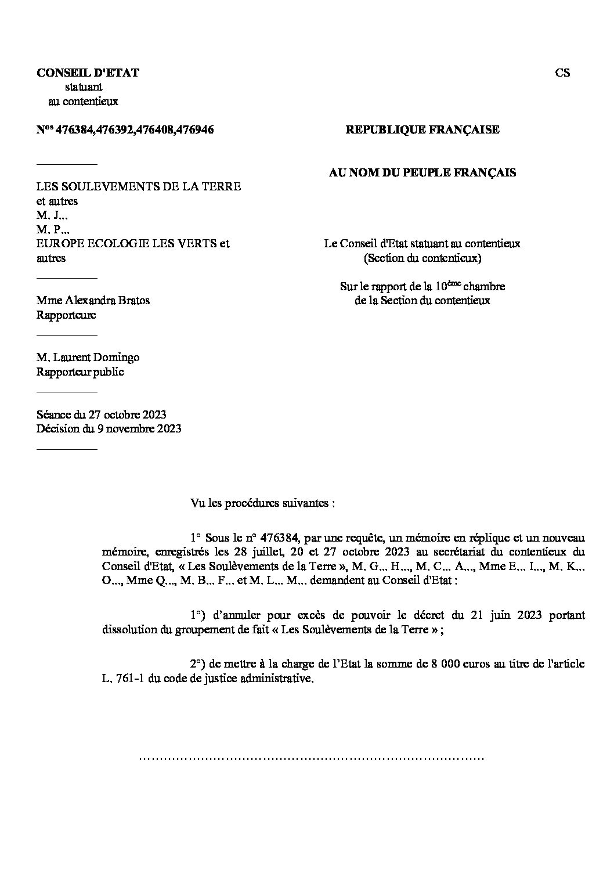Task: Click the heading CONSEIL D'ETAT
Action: (88, 73)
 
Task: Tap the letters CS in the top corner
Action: (562, 73)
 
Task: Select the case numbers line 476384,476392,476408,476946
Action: (125, 130)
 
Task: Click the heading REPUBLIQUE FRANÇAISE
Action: (422, 130)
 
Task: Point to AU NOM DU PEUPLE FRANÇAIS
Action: (422, 172)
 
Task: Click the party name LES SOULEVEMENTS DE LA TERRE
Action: (139, 187)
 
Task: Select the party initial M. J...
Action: (52, 215)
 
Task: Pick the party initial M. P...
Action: (52, 230)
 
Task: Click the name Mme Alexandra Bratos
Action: (93, 301)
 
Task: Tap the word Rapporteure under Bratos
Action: (66, 315)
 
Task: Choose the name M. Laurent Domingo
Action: (88, 358)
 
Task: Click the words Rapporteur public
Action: (80, 372)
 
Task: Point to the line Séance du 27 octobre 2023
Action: (102, 414)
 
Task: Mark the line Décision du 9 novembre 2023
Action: (109, 429)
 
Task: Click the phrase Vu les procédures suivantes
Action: (263, 503)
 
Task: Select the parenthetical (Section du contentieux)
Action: (422, 258)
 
